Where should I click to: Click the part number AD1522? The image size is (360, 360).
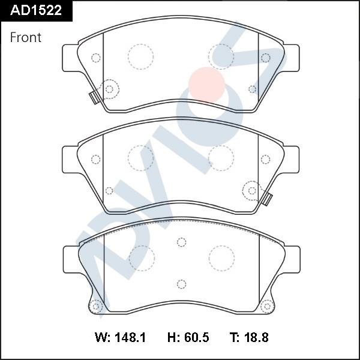tap(36, 10)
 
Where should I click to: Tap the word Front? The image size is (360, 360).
tap(25, 37)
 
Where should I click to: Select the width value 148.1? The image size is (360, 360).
tap(130, 337)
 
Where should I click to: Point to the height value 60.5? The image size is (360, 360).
tap(197, 337)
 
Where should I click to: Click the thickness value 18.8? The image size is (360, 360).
tap(256, 337)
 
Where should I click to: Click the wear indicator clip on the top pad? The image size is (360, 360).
tap(94, 98)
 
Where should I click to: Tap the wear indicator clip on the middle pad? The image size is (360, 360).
tap(267, 199)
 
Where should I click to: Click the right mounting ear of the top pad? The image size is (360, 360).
tap(292, 58)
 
